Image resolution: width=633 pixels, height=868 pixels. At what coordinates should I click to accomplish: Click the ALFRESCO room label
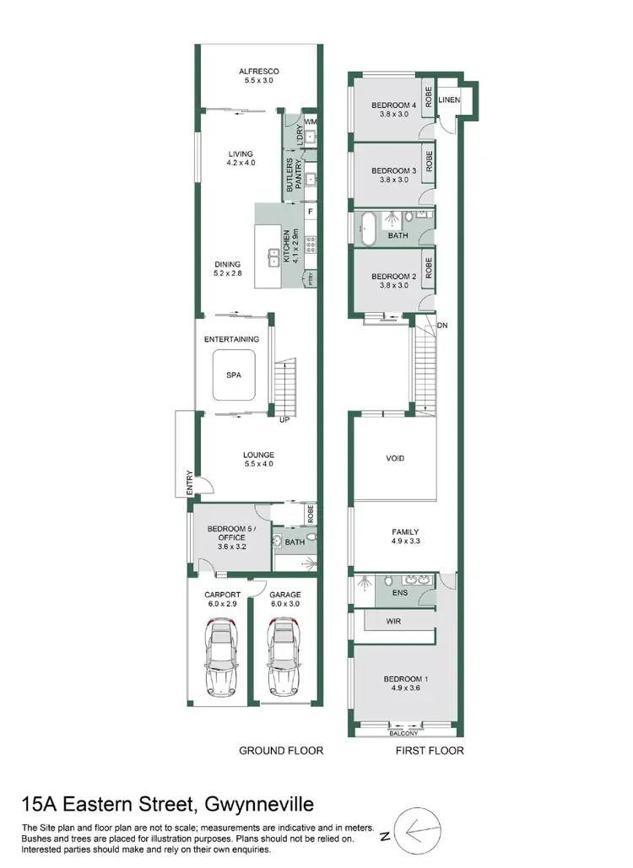(x=258, y=72)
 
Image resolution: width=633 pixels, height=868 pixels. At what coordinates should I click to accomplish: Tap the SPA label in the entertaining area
(x=235, y=377)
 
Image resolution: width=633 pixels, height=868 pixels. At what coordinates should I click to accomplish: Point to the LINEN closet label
(x=449, y=101)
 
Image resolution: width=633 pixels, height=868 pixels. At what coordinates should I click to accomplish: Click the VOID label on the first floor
(x=395, y=458)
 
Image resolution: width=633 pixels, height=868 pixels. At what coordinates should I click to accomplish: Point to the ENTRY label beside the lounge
(x=190, y=482)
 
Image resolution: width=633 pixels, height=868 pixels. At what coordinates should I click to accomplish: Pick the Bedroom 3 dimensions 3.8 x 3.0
(x=394, y=180)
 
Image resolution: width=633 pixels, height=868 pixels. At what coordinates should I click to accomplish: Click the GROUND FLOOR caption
(x=281, y=750)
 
